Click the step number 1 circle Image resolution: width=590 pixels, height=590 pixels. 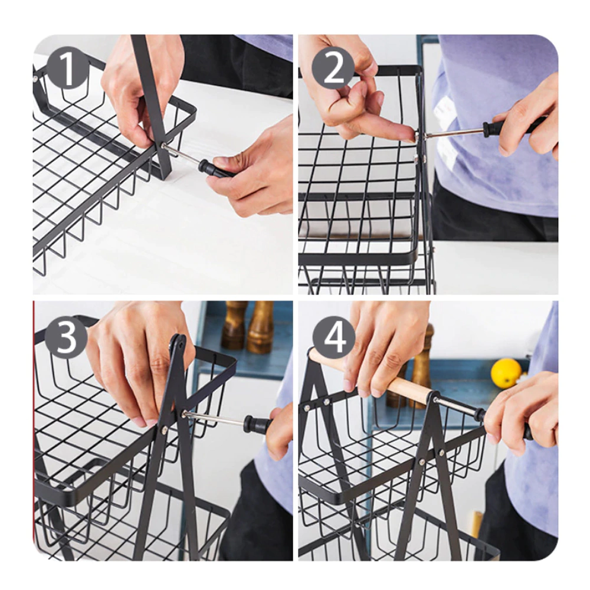click(x=67, y=68)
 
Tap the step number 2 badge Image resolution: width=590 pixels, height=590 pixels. click(x=333, y=68)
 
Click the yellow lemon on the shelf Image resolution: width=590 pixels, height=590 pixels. click(x=506, y=373)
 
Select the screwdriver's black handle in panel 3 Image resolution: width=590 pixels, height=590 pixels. click(x=259, y=424)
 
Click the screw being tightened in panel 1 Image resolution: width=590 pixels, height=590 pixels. click(x=165, y=145)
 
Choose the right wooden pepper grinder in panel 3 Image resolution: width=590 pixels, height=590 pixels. click(x=260, y=327)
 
